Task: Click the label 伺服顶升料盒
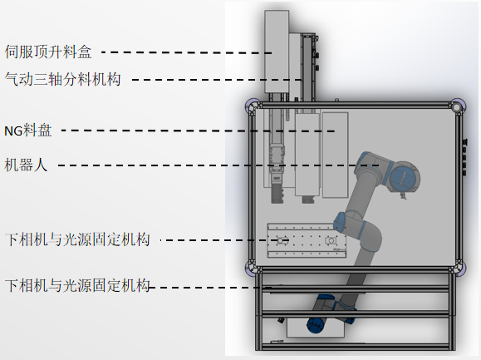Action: [48, 52]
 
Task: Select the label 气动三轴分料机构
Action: [62, 79]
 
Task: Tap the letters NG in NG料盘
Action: [13, 131]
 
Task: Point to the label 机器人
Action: [26, 165]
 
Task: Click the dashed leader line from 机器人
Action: [218, 165]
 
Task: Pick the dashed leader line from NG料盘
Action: [198, 131]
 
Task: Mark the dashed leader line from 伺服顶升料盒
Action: [187, 52]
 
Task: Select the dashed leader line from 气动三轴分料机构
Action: [217, 80]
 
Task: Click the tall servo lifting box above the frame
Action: [277, 52]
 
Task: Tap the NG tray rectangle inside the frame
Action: [335, 155]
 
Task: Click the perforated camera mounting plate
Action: [307, 240]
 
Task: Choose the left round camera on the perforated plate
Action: [281, 240]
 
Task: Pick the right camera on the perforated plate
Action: [331, 240]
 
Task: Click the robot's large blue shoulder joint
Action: [404, 177]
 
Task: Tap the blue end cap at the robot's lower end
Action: [316, 326]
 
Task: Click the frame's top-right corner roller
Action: [457, 107]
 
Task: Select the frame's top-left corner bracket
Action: [253, 106]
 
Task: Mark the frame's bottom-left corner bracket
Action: [252, 268]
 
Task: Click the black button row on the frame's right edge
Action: [464, 157]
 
